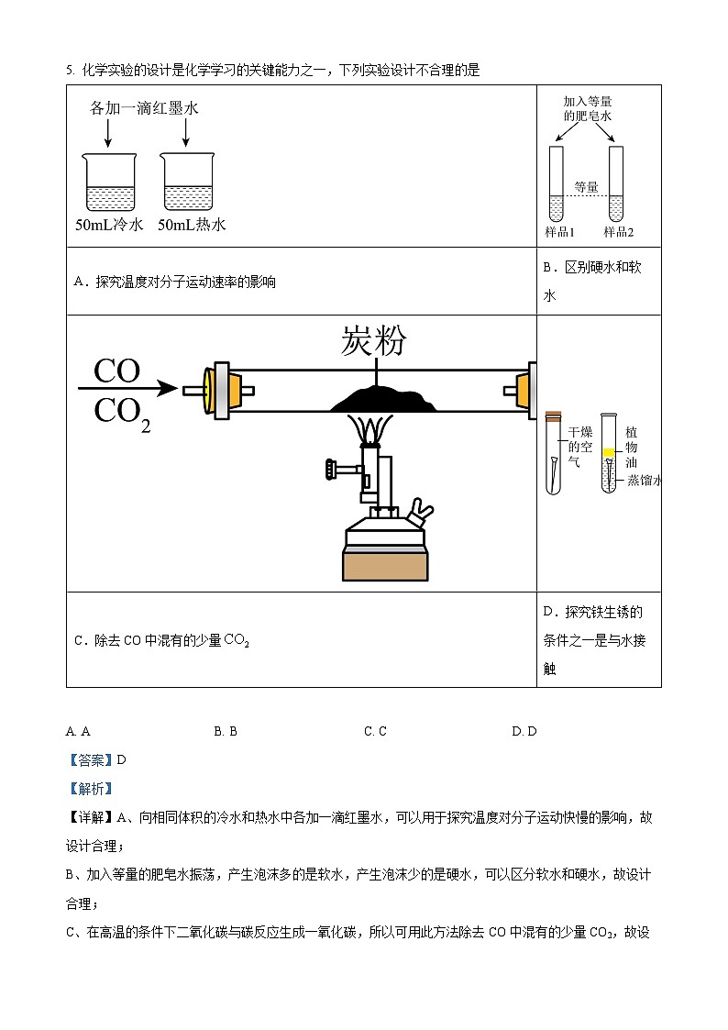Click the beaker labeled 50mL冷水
(x=109, y=183)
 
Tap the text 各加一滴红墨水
(x=144, y=108)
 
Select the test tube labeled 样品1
(x=556, y=183)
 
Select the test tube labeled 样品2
(x=615, y=183)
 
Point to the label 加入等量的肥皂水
(x=587, y=109)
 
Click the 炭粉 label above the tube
(x=373, y=340)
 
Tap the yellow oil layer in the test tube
(x=608, y=452)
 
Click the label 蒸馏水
(x=644, y=481)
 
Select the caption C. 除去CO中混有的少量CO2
(x=162, y=640)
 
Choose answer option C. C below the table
(x=375, y=731)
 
